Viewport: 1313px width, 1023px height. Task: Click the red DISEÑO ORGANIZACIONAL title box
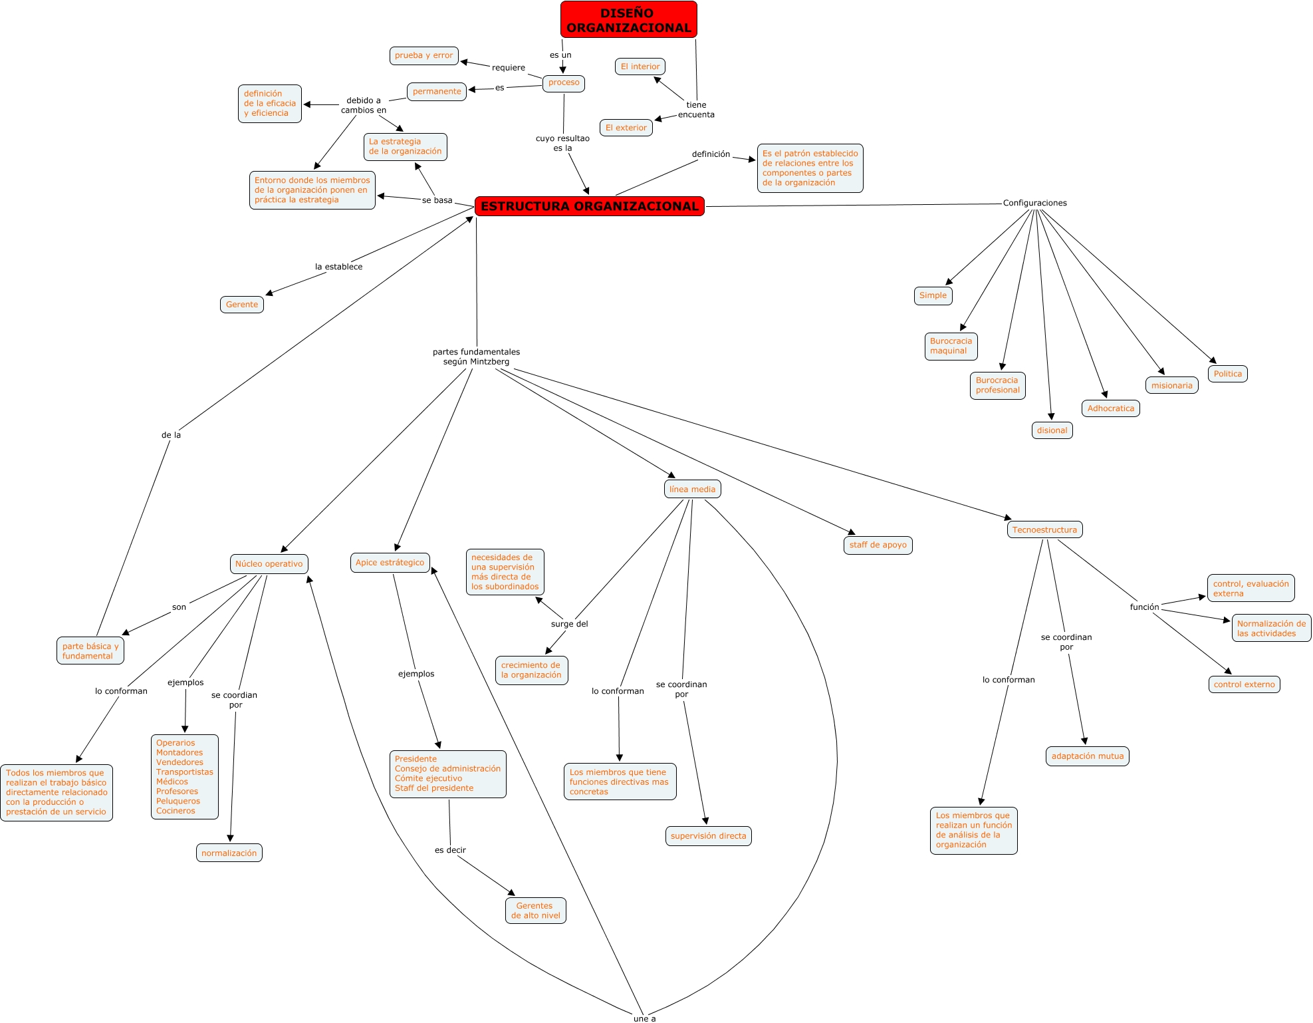click(x=628, y=20)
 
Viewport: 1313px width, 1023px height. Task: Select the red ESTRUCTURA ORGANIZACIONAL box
click(x=590, y=206)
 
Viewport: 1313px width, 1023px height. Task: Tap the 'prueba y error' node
click(x=423, y=55)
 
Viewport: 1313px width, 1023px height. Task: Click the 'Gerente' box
click(x=241, y=305)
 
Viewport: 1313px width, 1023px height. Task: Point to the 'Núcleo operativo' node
click(x=269, y=563)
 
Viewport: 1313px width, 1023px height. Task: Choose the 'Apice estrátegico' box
click(x=390, y=562)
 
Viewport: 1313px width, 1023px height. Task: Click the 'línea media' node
click(x=692, y=489)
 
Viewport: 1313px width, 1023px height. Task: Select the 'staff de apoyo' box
click(x=878, y=545)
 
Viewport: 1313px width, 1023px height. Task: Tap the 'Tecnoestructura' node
click(x=1044, y=529)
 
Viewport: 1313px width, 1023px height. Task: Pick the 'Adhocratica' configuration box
click(x=1110, y=408)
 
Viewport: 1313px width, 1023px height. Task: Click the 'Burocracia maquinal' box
click(x=951, y=346)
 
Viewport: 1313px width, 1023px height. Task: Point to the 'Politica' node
click(x=1227, y=374)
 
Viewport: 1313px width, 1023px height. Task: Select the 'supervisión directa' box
click(x=708, y=836)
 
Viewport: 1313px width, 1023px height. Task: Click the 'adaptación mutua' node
click(x=1087, y=756)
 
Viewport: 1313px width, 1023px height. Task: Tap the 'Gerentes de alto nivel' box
click(x=535, y=911)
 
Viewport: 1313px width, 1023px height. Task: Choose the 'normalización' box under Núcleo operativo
click(x=229, y=853)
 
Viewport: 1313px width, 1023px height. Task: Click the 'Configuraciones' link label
click(x=1034, y=203)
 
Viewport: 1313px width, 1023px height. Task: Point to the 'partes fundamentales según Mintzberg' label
click(x=476, y=357)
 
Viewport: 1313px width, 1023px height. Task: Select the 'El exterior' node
click(x=626, y=128)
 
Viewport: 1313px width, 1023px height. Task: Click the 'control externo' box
click(x=1244, y=684)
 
